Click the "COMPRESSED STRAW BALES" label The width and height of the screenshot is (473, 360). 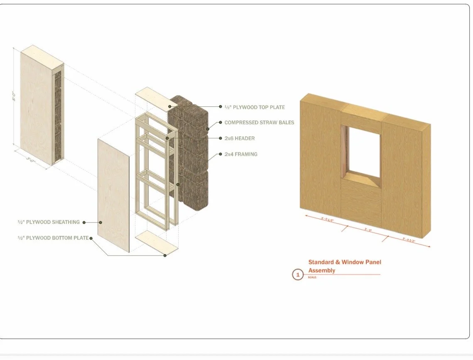pos(259,122)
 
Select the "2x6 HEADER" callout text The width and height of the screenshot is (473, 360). pos(240,138)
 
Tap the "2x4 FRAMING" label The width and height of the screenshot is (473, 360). pos(241,154)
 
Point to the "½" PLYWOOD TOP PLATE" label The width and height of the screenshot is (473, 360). pos(255,107)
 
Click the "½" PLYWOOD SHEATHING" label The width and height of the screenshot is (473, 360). pos(48,222)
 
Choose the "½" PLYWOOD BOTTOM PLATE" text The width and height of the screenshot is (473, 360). pos(53,238)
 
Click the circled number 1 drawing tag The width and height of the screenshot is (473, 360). pos(298,274)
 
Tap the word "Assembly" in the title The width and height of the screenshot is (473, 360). pos(322,270)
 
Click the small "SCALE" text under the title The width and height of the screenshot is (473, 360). pos(312,277)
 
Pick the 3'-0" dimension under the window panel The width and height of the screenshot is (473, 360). pos(368,229)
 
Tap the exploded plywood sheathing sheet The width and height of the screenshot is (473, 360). pos(113,195)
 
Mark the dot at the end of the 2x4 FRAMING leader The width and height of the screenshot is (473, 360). pos(221,154)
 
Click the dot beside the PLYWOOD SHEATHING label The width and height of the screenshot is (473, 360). pos(84,222)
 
